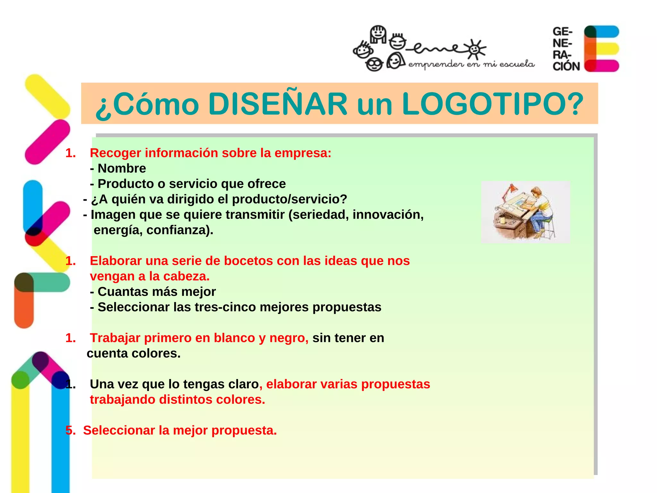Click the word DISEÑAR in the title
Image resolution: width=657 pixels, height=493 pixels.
[x=277, y=104]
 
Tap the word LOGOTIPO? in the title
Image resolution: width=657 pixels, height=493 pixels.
[x=492, y=104]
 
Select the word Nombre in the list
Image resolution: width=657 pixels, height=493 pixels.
[x=122, y=169]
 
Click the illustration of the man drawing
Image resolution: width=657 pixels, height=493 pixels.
[x=525, y=212]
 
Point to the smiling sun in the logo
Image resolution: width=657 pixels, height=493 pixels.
[x=474, y=49]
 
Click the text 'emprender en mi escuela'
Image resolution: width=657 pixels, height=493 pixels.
[x=471, y=65]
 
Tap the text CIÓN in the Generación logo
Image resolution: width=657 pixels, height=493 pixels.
[x=566, y=66]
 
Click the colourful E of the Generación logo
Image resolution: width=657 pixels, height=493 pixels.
[x=601, y=48]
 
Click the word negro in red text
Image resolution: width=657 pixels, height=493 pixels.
[x=288, y=338]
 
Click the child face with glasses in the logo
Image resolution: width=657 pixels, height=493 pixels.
[x=374, y=65]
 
